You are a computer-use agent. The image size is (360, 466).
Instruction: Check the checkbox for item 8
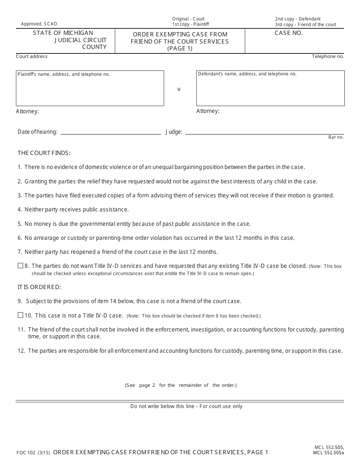[20, 266]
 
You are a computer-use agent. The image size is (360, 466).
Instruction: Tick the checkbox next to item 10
[20, 315]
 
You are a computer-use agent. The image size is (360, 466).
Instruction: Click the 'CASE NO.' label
[288, 33]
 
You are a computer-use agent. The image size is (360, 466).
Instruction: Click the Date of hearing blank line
[111, 131]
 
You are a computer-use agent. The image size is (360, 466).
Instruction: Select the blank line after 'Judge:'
[264, 131]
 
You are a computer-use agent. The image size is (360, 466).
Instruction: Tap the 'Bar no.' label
[336, 137]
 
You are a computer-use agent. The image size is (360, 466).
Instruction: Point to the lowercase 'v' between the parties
[179, 89]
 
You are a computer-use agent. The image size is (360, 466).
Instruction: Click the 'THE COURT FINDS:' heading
[44, 153]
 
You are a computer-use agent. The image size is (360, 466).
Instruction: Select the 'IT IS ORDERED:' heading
[39, 287]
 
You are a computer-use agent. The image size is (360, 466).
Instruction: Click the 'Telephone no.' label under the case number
[328, 56]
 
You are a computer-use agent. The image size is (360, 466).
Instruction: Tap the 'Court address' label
[32, 56]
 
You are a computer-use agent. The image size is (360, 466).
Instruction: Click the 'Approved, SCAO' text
[39, 24]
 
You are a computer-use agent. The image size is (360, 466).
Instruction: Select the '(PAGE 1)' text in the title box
[180, 48]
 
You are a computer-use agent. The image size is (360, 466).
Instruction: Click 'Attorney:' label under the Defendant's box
[208, 111]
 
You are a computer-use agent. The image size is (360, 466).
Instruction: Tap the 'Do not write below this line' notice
[186, 406]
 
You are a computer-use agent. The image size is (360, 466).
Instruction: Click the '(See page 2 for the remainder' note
[181, 385]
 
